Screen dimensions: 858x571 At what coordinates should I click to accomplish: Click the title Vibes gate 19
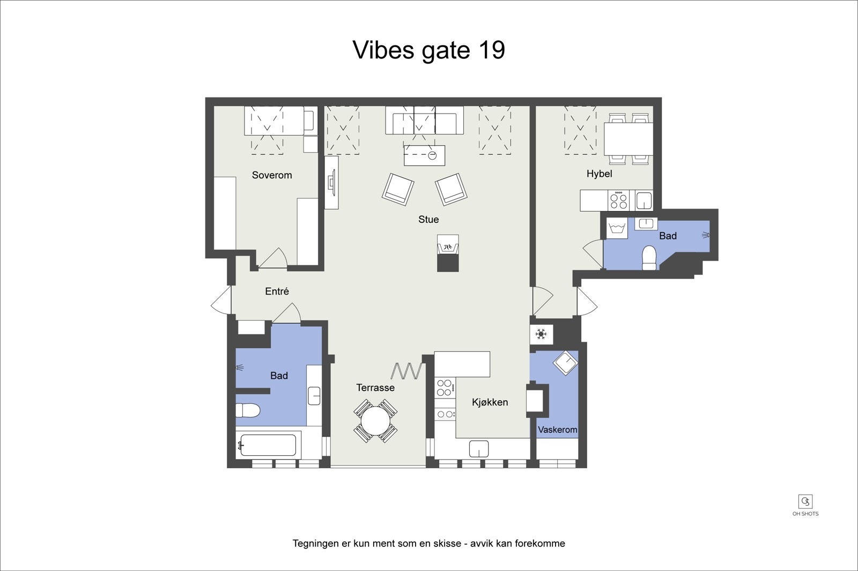[428, 50]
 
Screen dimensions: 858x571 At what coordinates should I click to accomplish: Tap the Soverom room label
[272, 175]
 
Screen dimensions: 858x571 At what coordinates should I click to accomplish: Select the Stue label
[428, 219]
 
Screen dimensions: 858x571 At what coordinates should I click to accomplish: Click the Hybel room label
[599, 174]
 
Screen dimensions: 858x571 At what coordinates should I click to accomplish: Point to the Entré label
[277, 291]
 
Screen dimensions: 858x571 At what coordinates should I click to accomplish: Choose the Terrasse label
[375, 388]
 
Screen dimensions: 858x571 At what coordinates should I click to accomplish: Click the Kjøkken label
[490, 402]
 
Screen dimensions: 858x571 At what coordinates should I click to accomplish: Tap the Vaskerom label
[557, 430]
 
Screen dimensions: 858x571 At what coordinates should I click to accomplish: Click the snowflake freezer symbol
[541, 334]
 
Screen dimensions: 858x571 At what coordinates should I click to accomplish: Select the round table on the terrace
[375, 420]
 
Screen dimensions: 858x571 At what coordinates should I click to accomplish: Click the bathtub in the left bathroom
[268, 445]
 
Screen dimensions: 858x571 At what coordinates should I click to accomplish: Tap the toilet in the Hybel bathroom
[649, 258]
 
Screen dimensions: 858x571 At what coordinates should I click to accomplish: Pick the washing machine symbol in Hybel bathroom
[617, 228]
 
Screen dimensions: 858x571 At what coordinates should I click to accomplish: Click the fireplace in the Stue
[448, 253]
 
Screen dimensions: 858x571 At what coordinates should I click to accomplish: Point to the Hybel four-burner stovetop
[619, 200]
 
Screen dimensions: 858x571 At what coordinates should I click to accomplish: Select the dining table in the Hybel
[628, 139]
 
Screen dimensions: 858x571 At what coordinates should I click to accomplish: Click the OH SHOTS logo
[805, 506]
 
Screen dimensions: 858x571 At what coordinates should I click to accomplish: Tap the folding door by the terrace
[406, 371]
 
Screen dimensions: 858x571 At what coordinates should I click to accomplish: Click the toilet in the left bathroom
[247, 411]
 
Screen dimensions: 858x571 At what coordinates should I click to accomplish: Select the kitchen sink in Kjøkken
[479, 449]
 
